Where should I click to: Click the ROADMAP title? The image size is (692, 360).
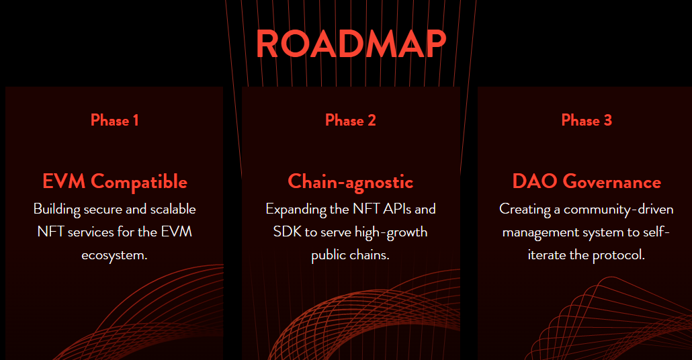(x=351, y=44)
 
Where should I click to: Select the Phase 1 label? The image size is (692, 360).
(x=114, y=121)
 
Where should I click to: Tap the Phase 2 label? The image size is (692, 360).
(x=351, y=121)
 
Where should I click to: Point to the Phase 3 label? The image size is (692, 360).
(x=587, y=121)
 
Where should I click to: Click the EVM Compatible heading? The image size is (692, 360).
(x=114, y=181)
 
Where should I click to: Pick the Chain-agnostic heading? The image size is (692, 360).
(x=351, y=181)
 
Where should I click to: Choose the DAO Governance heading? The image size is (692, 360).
(x=587, y=181)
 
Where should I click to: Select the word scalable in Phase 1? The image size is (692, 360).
(x=173, y=209)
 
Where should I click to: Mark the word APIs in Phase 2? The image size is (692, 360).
(x=392, y=209)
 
